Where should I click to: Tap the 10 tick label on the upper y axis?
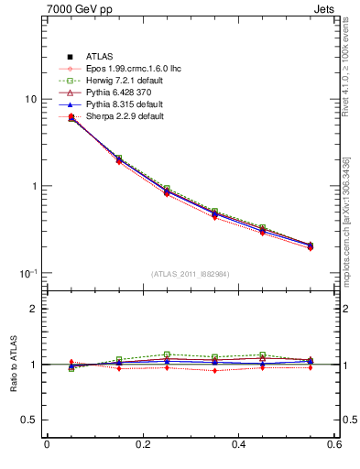29,99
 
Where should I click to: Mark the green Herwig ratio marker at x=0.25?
167,354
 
